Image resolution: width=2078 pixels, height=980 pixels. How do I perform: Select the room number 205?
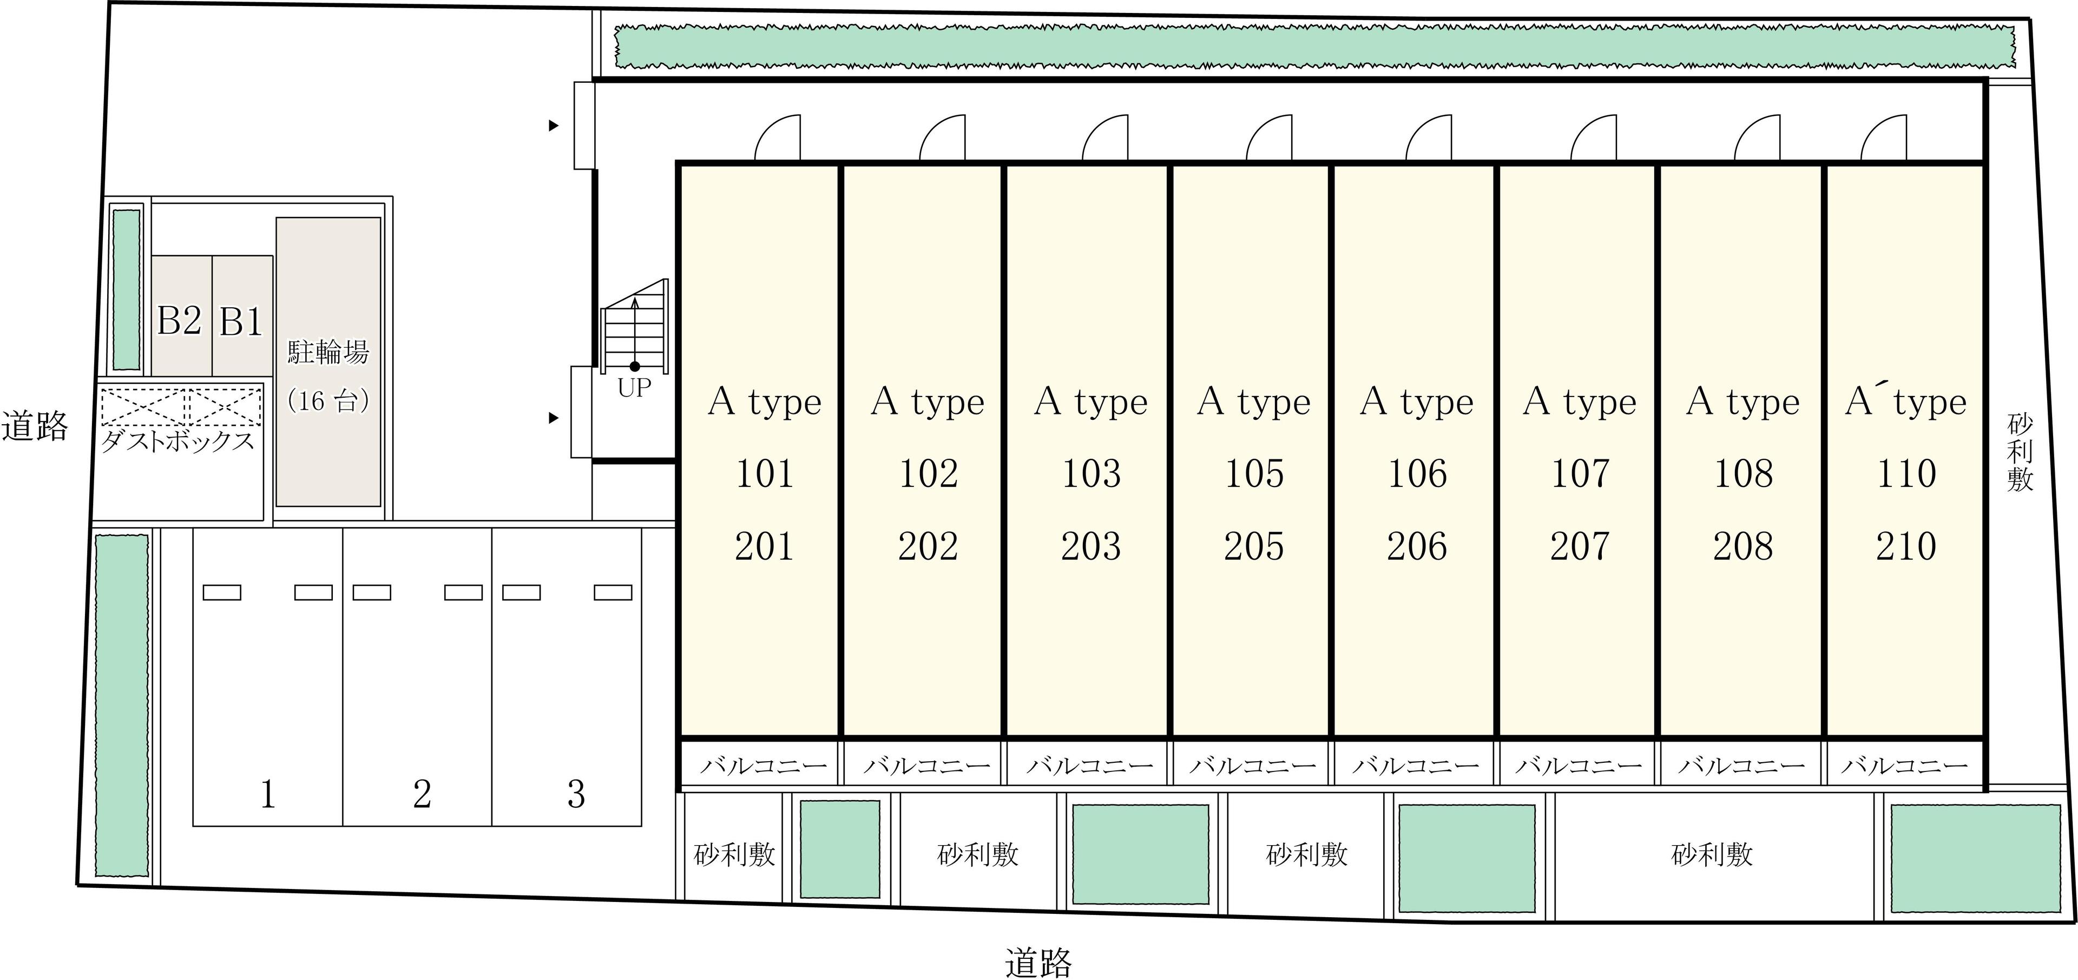[x=1254, y=546]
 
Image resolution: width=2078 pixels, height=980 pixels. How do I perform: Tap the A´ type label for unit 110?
[x=1905, y=401]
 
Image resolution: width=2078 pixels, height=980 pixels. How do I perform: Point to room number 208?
[x=1743, y=546]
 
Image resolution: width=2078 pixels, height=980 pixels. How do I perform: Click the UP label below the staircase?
[x=634, y=388]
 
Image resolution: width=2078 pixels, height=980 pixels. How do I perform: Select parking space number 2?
[x=422, y=794]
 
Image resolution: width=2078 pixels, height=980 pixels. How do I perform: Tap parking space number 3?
[x=576, y=794]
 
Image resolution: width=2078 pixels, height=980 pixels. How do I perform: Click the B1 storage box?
[x=242, y=316]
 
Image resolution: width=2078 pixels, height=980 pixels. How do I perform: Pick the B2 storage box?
[x=181, y=316]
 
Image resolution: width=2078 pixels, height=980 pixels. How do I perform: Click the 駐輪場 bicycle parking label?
[x=328, y=353]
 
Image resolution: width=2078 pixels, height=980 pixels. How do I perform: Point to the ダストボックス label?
[x=177, y=442]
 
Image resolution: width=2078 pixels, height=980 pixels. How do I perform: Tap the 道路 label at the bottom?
[x=1039, y=962]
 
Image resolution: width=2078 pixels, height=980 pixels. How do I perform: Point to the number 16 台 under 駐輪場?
[x=328, y=401]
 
